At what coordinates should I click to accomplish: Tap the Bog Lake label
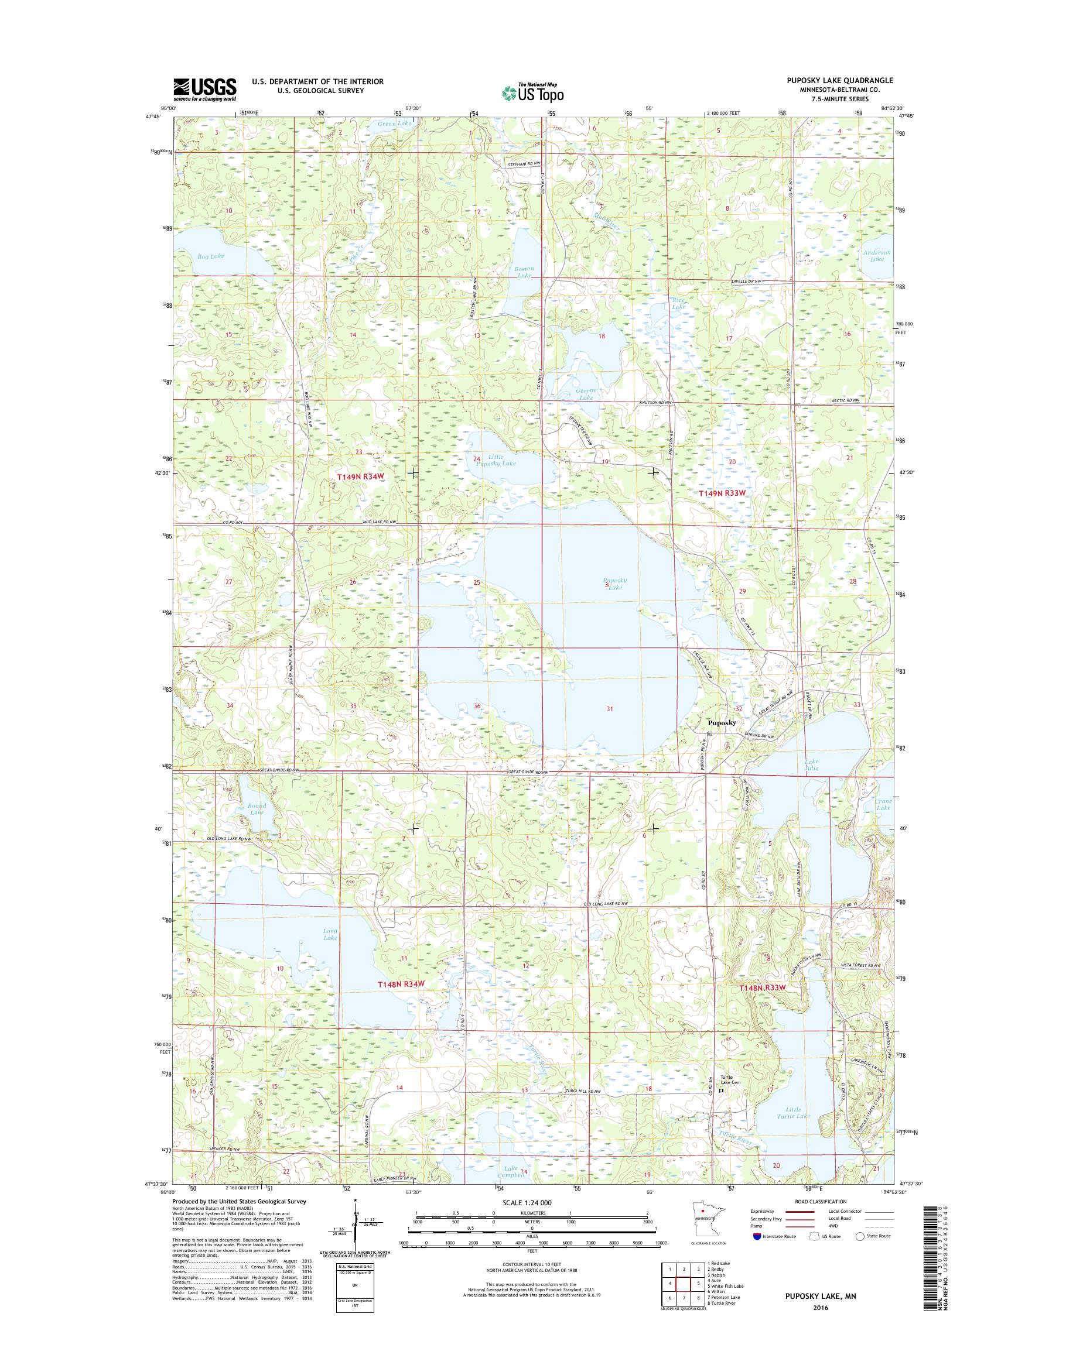click(209, 256)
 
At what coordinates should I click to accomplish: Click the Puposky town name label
click(722, 722)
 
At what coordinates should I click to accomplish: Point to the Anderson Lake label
click(877, 255)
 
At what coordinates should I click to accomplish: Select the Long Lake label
click(330, 934)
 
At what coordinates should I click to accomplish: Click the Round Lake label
click(257, 808)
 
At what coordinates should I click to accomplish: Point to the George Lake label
click(586, 393)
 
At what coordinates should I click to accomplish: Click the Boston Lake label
click(523, 272)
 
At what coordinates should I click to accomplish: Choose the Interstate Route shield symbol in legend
click(757, 1236)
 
